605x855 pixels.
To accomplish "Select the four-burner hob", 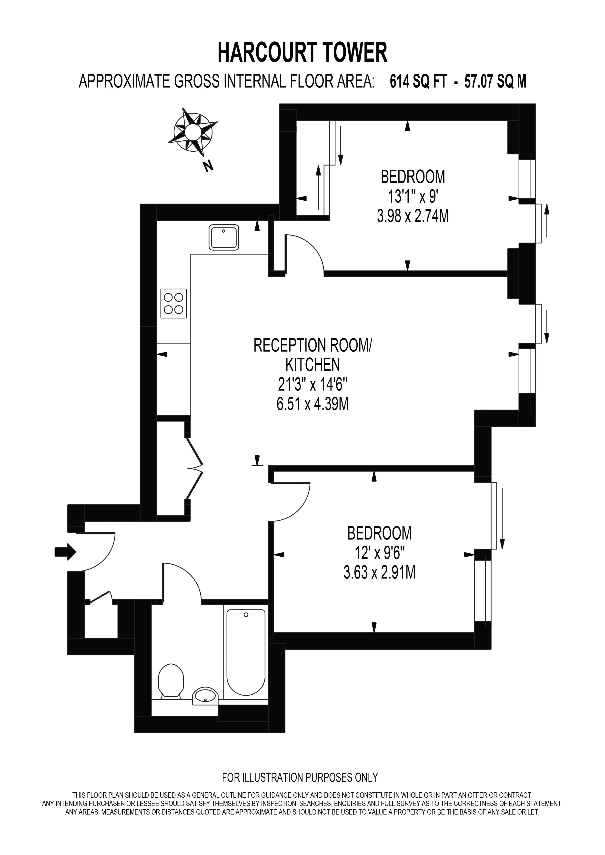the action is click(x=174, y=304).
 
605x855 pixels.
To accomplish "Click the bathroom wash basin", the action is click(x=205, y=695).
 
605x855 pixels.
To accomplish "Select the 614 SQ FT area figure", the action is click(x=418, y=81).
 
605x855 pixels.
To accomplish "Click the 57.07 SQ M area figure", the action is click(x=495, y=81).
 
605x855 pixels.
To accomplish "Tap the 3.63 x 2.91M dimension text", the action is click(x=380, y=572).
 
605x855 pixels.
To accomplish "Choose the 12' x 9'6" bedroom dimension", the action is click(x=380, y=553).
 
